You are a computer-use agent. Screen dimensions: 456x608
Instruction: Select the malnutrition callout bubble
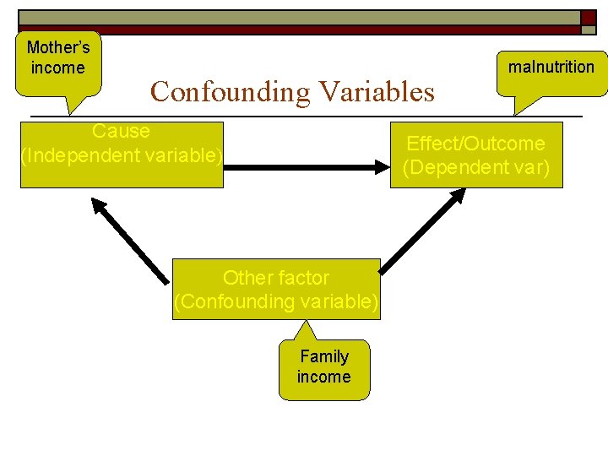tap(551, 68)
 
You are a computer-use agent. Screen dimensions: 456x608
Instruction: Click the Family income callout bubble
tap(323, 368)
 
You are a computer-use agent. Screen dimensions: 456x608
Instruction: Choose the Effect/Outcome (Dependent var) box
tap(475, 155)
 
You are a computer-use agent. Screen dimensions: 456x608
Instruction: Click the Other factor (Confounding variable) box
tap(276, 289)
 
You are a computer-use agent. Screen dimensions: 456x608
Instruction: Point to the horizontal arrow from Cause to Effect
tap(305, 167)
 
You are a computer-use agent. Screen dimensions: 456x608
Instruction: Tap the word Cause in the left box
tap(122, 132)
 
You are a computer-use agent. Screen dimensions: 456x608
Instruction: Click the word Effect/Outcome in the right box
tap(475, 144)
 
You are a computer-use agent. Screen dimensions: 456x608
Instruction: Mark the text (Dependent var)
tap(475, 167)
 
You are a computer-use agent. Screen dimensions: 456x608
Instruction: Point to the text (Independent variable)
tap(122, 155)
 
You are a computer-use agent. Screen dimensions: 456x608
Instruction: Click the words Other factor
tap(276, 278)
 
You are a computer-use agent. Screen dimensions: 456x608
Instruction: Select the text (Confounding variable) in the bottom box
tap(276, 301)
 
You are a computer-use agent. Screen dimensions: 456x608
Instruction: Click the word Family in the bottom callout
tap(323, 356)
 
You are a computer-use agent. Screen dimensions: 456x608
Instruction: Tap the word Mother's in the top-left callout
tap(57, 48)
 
